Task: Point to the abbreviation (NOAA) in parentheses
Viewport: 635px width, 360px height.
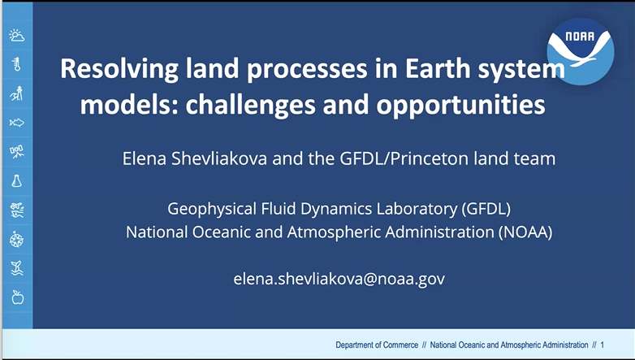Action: [524, 232]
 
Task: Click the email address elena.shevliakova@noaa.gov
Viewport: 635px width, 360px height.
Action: [339, 279]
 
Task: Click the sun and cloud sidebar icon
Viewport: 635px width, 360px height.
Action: [16, 35]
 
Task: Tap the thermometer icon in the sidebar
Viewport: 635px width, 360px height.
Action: [16, 64]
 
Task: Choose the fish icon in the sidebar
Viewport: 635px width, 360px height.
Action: [16, 123]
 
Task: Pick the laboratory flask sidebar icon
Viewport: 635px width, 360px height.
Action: [16, 181]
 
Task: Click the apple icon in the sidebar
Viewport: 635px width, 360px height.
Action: [16, 297]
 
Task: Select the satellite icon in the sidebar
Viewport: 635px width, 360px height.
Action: [16, 152]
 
